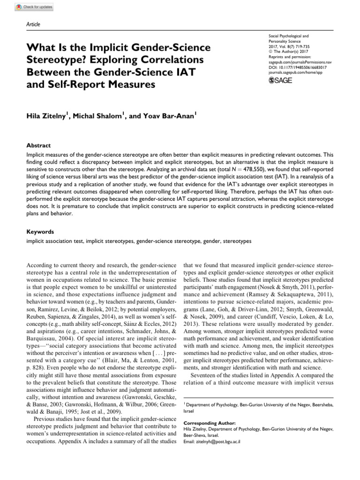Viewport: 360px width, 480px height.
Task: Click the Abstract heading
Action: (x=38, y=146)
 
